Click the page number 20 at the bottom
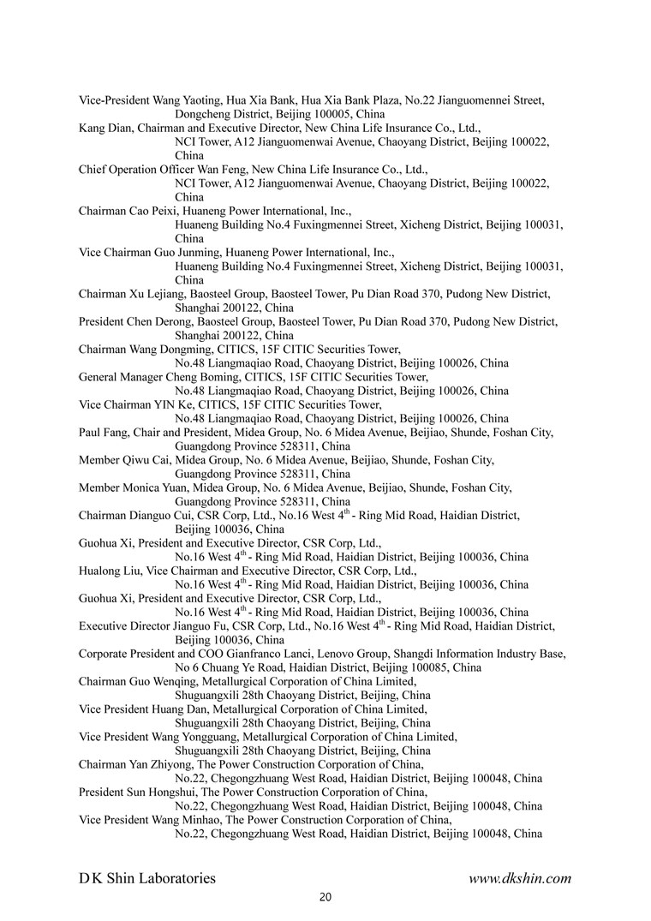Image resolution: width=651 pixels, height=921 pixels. [325, 897]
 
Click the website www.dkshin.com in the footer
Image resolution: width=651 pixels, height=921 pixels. [520, 878]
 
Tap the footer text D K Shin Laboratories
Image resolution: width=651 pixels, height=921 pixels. [147, 878]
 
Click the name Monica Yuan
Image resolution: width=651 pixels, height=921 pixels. [153, 487]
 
